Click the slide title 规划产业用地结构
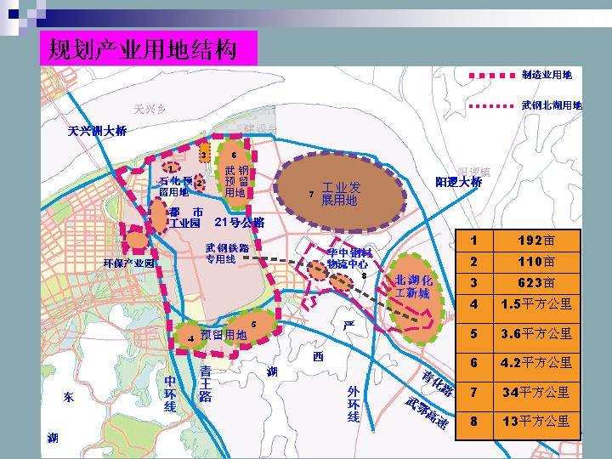tap(148, 50)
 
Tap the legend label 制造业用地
tap(547, 75)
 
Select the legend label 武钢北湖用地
tap(552, 105)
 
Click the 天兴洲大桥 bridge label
tap(98, 131)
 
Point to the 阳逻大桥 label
tap(458, 182)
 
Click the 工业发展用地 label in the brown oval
tap(340, 194)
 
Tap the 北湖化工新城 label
tap(414, 286)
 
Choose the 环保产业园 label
tap(128, 263)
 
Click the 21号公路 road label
tap(240, 223)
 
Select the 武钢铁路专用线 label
tap(226, 253)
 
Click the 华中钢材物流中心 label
tap(349, 258)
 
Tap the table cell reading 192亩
tap(535, 240)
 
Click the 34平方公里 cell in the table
tap(535, 392)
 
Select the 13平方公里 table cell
tap(535, 421)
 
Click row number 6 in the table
tap(473, 363)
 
